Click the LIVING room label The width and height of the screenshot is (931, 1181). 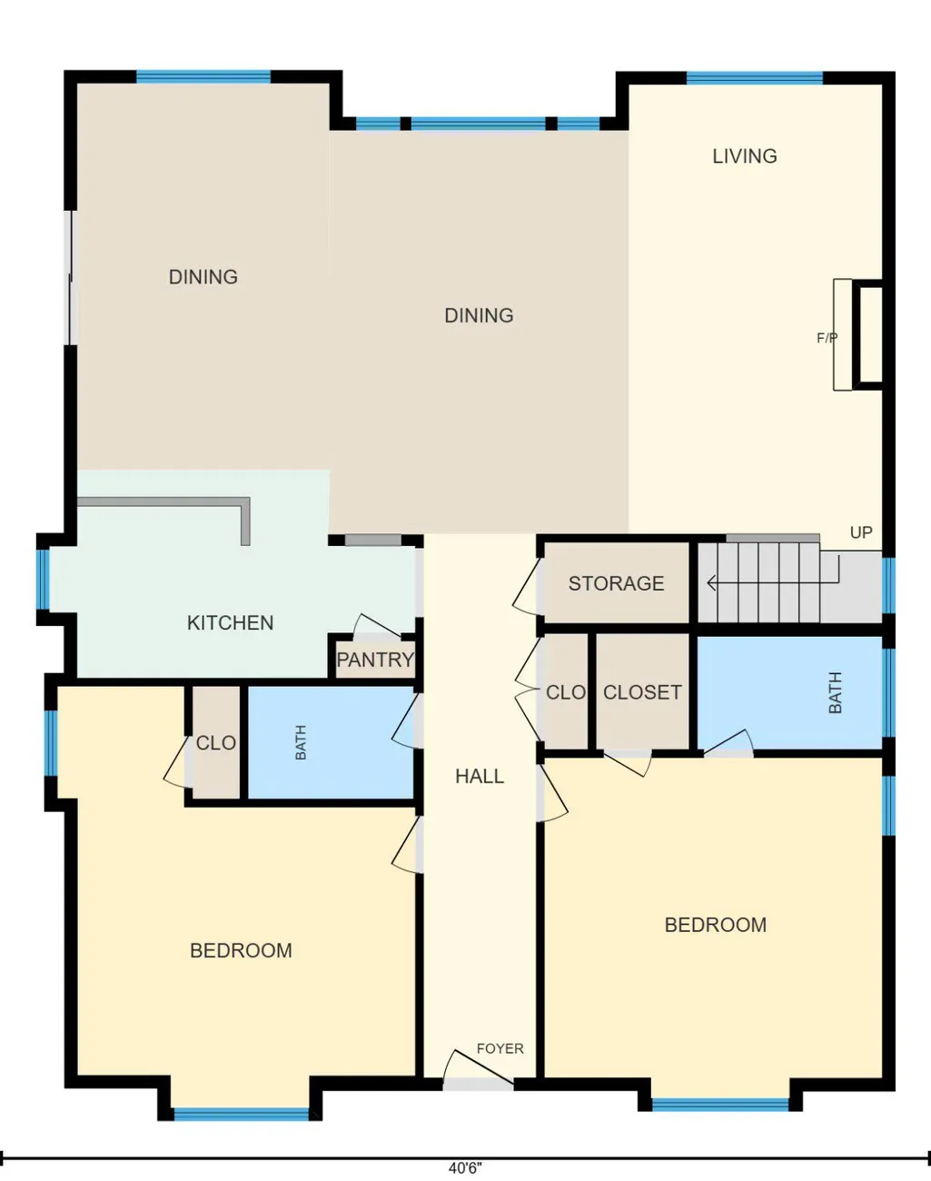click(x=745, y=156)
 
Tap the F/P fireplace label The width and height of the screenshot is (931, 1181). click(x=827, y=338)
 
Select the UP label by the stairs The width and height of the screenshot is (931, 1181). click(x=861, y=532)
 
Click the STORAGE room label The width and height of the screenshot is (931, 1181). click(x=616, y=583)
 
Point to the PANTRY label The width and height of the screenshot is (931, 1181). click(x=375, y=660)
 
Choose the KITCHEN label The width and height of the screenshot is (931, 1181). click(x=230, y=623)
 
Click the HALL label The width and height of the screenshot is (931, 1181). click(x=480, y=776)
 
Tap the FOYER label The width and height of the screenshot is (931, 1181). click(x=500, y=1048)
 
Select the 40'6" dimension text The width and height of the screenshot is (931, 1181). click(x=465, y=1168)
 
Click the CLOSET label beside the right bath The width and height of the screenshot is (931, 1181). click(x=642, y=692)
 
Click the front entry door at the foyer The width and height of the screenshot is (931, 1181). click(x=478, y=1068)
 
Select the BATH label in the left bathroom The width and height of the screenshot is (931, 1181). click(x=301, y=742)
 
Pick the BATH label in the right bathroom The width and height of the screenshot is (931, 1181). click(x=835, y=692)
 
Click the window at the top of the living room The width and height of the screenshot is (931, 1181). click(x=755, y=78)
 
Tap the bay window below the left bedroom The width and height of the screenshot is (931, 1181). click(x=242, y=1114)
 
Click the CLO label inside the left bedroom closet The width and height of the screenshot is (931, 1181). click(x=215, y=743)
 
